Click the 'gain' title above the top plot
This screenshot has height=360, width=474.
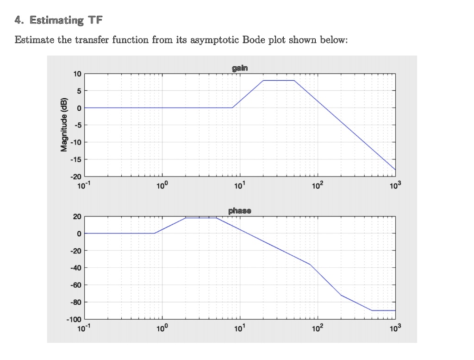[239, 68]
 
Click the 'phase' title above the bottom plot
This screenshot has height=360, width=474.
[239, 211]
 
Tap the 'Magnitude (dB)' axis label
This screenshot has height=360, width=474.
[64, 125]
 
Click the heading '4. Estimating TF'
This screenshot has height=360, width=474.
[59, 20]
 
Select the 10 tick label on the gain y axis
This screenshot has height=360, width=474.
[77, 74]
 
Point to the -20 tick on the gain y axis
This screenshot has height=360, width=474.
[75, 177]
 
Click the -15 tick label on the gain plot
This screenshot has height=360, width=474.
[75, 159]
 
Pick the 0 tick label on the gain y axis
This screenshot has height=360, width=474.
[79, 108]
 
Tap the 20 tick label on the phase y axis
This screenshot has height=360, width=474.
[77, 217]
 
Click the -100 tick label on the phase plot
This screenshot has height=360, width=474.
[74, 320]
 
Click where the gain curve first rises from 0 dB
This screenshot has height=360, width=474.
[232, 107]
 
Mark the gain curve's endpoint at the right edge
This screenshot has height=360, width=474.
[395, 170]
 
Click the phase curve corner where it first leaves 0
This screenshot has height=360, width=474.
[154, 233]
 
